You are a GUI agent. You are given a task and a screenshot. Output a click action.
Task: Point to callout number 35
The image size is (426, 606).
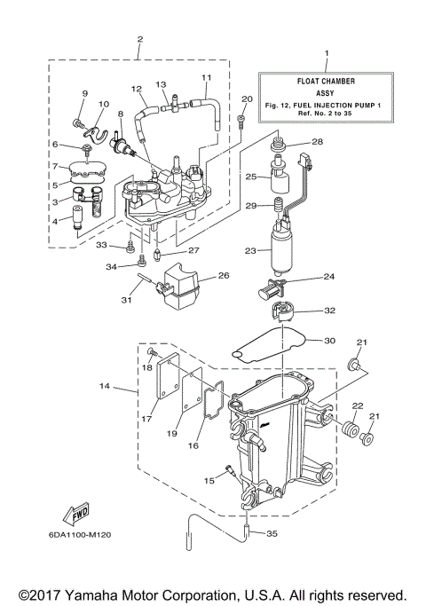272,533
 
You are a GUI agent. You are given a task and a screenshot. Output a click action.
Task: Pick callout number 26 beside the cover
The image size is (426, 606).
223,275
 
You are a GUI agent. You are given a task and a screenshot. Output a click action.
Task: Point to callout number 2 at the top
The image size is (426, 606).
139,39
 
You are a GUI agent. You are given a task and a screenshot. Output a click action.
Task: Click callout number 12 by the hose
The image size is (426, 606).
136,89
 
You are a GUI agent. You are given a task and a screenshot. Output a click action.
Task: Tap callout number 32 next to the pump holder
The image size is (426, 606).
329,311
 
